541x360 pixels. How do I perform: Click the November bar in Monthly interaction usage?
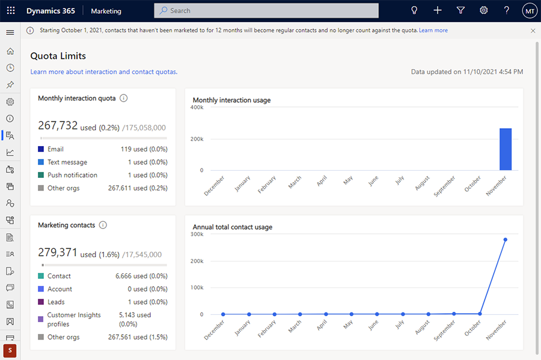point(505,149)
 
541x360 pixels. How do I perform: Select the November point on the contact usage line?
point(505,240)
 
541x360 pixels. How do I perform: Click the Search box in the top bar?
point(266,11)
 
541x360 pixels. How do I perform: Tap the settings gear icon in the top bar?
point(484,11)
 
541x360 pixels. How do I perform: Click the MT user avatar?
point(529,11)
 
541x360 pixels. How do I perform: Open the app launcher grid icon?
point(11,11)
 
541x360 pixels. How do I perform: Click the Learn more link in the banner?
point(433,30)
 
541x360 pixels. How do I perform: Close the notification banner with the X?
point(533,30)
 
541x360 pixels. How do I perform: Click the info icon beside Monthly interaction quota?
point(123,98)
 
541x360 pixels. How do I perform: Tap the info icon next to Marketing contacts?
point(103,225)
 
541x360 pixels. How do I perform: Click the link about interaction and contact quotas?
point(103,72)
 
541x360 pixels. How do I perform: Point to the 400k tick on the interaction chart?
point(197,108)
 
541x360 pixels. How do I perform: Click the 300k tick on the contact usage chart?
point(197,234)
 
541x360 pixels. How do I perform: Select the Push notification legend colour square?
point(41,175)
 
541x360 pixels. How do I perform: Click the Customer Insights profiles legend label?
point(74,319)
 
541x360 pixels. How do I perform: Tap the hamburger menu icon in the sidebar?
point(10,32)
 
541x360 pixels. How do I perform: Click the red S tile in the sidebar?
point(10,350)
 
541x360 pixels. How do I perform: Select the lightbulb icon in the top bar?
point(414,11)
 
